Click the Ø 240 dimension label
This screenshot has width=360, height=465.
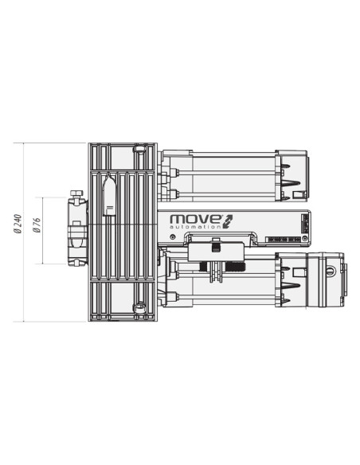click(18, 232)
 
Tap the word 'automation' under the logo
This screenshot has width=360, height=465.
click(195, 228)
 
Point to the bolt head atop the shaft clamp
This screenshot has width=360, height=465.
click(76, 194)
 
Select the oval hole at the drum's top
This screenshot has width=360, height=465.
click(139, 149)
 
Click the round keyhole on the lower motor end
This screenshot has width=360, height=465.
click(331, 271)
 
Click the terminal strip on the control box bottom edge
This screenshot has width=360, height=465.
click(284, 239)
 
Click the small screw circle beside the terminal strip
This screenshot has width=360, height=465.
click(305, 239)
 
